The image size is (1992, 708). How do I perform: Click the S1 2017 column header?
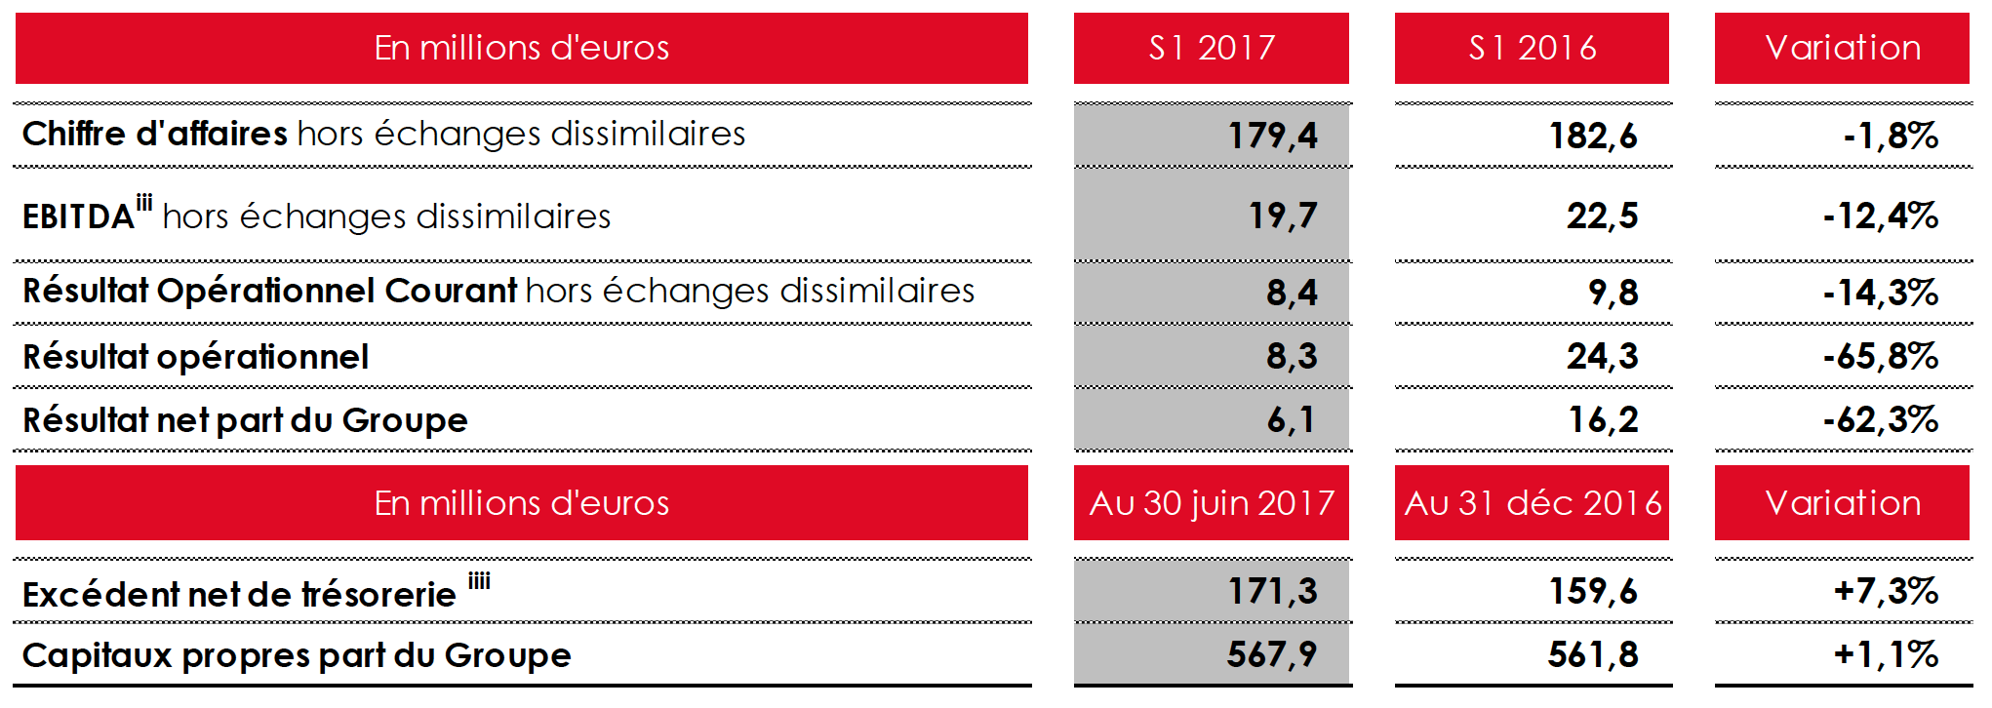[x=1211, y=48]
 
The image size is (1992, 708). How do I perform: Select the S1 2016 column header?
[x=1532, y=48]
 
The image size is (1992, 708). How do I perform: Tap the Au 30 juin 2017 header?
[x=1211, y=503]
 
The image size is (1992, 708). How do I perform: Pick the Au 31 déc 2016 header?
[x=1532, y=503]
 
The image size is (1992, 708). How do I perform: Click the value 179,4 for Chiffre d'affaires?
[x=1272, y=136]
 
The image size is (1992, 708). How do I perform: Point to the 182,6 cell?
[x=1593, y=136]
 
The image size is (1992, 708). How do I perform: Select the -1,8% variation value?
[x=1890, y=136]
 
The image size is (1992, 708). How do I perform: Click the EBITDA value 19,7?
[x=1283, y=216]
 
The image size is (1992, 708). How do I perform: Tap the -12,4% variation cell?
[x=1880, y=216]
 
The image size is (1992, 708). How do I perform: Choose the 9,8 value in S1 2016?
[x=1613, y=293]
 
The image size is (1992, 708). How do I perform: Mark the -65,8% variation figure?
[x=1880, y=357]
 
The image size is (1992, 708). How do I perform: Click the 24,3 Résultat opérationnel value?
[x=1602, y=357]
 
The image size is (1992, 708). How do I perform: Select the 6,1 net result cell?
[x=1291, y=420]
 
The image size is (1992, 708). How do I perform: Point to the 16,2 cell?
[x=1603, y=420]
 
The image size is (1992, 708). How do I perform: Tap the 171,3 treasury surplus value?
[x=1272, y=591]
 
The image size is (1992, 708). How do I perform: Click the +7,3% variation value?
[x=1885, y=591]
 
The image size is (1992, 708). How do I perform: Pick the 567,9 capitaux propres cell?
[x=1272, y=654]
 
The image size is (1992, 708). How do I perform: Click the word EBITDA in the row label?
[x=78, y=216]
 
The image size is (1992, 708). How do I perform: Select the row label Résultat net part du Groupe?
[x=245, y=420]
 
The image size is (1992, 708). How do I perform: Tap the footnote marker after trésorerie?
[x=479, y=582]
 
